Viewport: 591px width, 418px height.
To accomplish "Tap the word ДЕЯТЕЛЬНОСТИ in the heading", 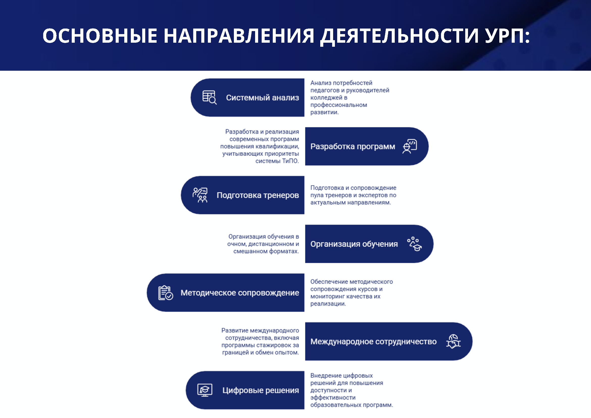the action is pos(400,36).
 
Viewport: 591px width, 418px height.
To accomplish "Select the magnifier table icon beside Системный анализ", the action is pos(210,97).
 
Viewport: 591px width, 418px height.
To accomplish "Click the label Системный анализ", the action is pos(262,98).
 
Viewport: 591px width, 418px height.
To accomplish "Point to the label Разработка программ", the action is pos(353,146).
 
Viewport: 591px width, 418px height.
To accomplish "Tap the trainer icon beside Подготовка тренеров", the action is pos(200,195).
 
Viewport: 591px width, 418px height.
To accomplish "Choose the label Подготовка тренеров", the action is pos(258,195).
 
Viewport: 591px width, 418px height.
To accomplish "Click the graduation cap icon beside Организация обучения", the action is pos(414,244).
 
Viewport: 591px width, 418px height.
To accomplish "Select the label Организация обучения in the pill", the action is pos(354,244).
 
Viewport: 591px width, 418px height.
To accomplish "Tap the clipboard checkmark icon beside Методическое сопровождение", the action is pos(165,293).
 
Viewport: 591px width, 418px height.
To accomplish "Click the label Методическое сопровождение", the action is pos(240,293).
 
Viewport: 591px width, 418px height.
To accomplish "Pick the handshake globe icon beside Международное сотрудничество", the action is pos(453,341).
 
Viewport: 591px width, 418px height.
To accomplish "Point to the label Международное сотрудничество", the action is pos(374,341).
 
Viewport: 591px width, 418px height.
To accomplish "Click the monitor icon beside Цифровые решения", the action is pos(205,390).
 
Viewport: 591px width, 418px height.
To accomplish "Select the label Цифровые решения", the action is pos(261,390).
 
